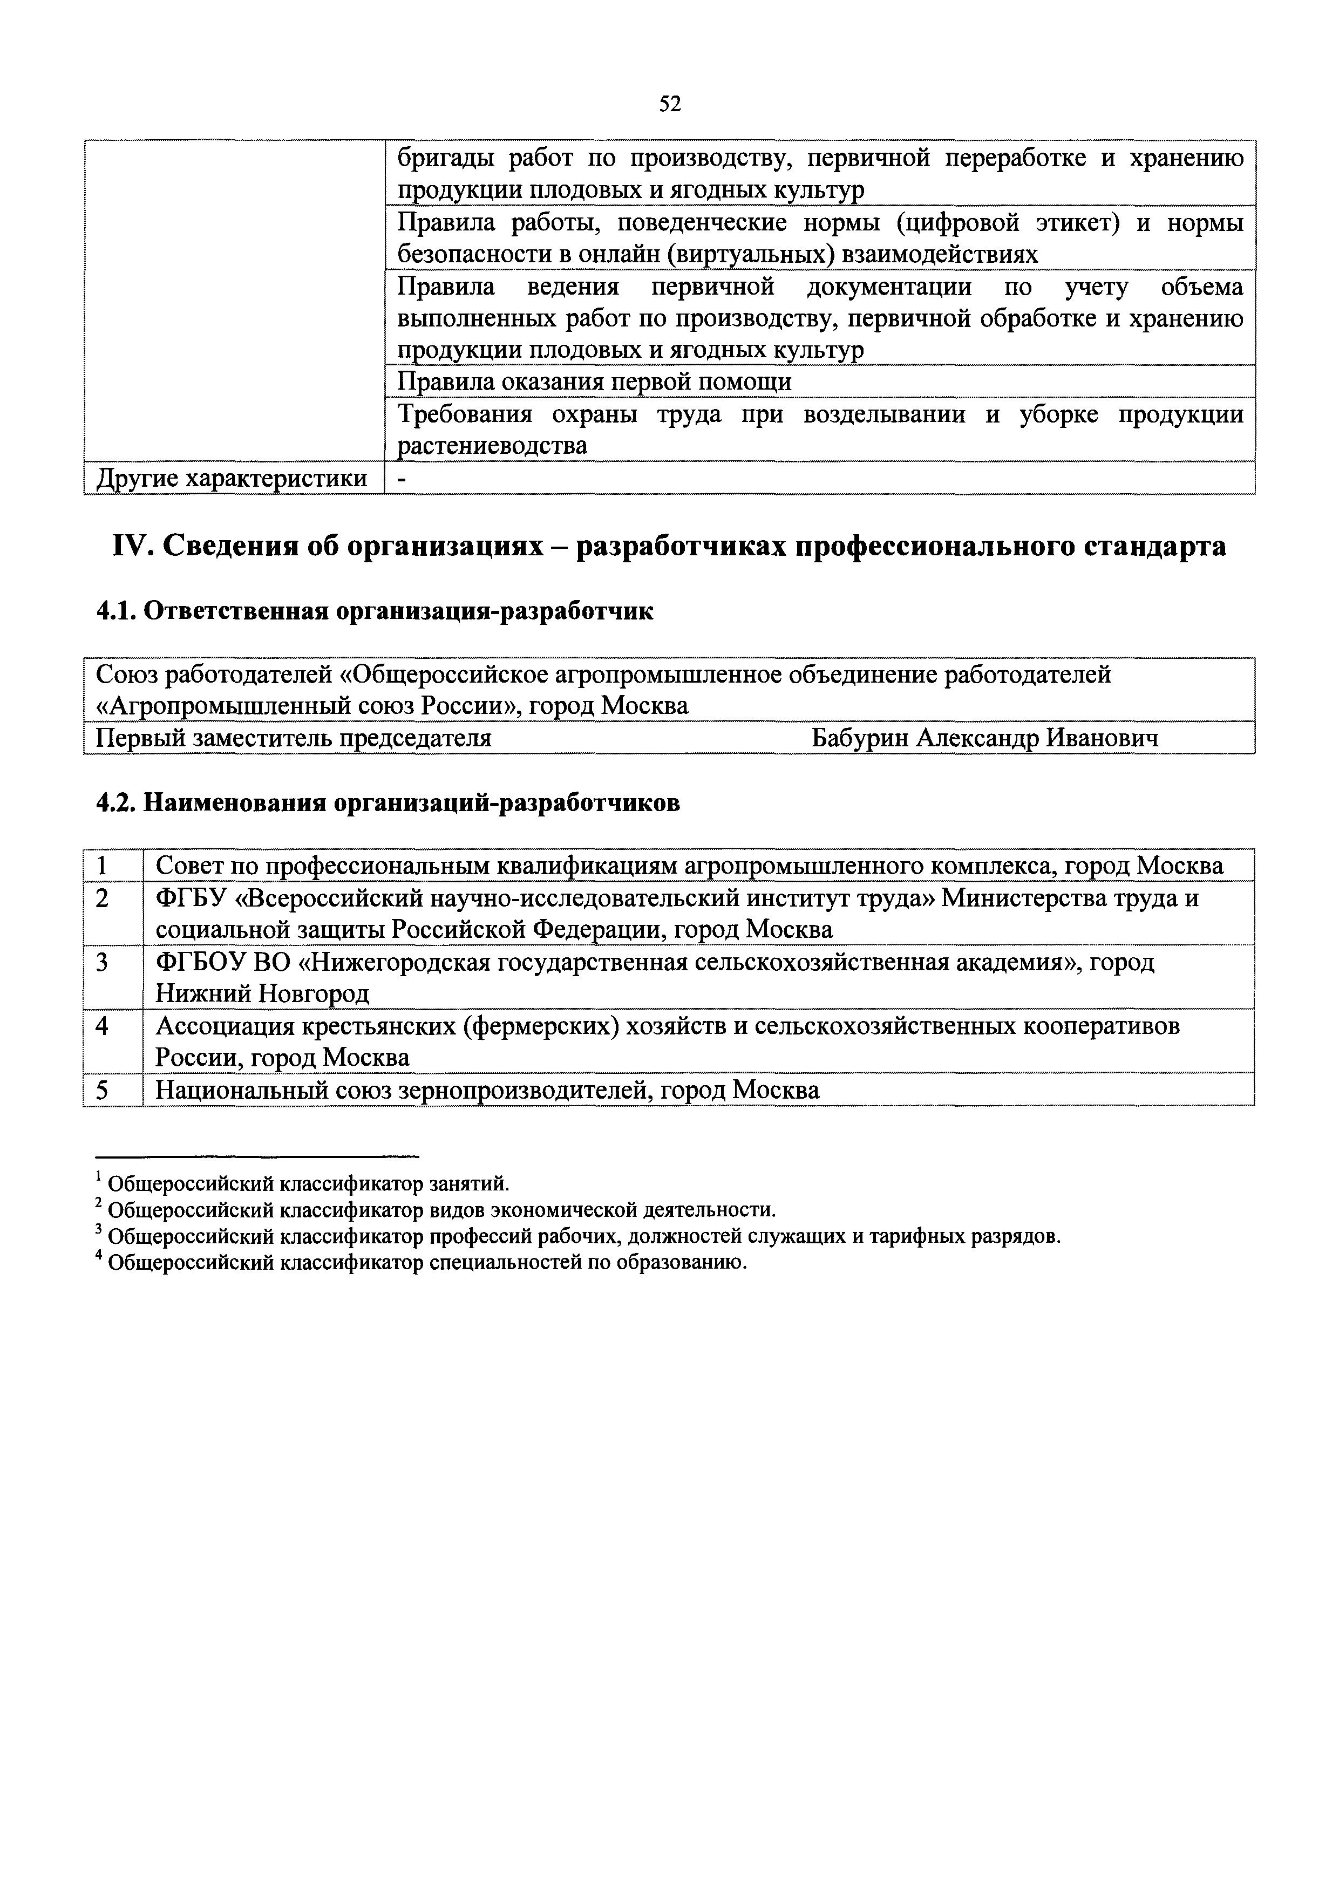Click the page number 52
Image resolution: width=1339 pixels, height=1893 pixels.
(669, 104)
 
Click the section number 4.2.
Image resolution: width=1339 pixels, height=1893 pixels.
(115, 803)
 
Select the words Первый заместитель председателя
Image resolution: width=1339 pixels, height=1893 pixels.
(294, 738)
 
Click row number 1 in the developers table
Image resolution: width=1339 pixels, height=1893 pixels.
(102, 866)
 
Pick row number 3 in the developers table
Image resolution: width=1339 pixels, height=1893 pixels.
(102, 962)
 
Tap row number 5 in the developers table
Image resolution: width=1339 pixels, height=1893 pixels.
(102, 1091)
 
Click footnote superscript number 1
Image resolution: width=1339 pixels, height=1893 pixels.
(99, 1176)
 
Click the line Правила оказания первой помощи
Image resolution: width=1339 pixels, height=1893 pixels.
(594, 382)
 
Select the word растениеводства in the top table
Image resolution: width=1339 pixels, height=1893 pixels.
(492, 446)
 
